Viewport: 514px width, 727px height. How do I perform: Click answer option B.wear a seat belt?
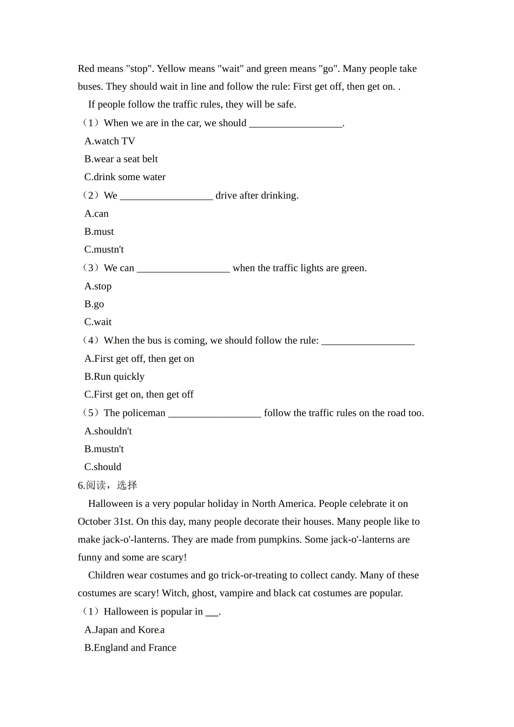pyautogui.click(x=121, y=159)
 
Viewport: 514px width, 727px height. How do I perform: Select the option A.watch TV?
pyautogui.click(x=109, y=141)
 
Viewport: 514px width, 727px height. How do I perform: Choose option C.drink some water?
pyautogui.click(x=124, y=177)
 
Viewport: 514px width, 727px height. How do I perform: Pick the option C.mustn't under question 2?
pyautogui.click(x=104, y=249)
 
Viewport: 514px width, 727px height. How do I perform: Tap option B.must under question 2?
pyautogui.click(x=99, y=232)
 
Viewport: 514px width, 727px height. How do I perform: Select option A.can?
pyautogui.click(x=96, y=214)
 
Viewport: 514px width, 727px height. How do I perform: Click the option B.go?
pyautogui.click(x=94, y=304)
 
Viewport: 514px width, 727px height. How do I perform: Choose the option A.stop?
pyautogui.click(x=98, y=286)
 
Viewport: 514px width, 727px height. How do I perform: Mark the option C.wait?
pyautogui.click(x=98, y=322)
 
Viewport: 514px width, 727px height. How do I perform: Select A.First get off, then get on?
pyautogui.click(x=139, y=359)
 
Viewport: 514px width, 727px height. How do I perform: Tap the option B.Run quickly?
pyautogui.click(x=114, y=376)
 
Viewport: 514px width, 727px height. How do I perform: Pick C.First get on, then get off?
pyautogui.click(x=139, y=394)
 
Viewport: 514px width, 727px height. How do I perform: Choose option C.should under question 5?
pyautogui.click(x=103, y=467)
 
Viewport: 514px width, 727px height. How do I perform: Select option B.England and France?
pyautogui.click(x=130, y=647)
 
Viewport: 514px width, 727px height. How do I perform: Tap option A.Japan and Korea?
pyautogui.click(x=124, y=630)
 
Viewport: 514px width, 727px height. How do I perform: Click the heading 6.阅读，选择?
pyautogui.click(x=107, y=485)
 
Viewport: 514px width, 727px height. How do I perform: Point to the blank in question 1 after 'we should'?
pyautogui.click(x=295, y=124)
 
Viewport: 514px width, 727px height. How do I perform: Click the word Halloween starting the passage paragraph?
pyautogui.click(x=110, y=504)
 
